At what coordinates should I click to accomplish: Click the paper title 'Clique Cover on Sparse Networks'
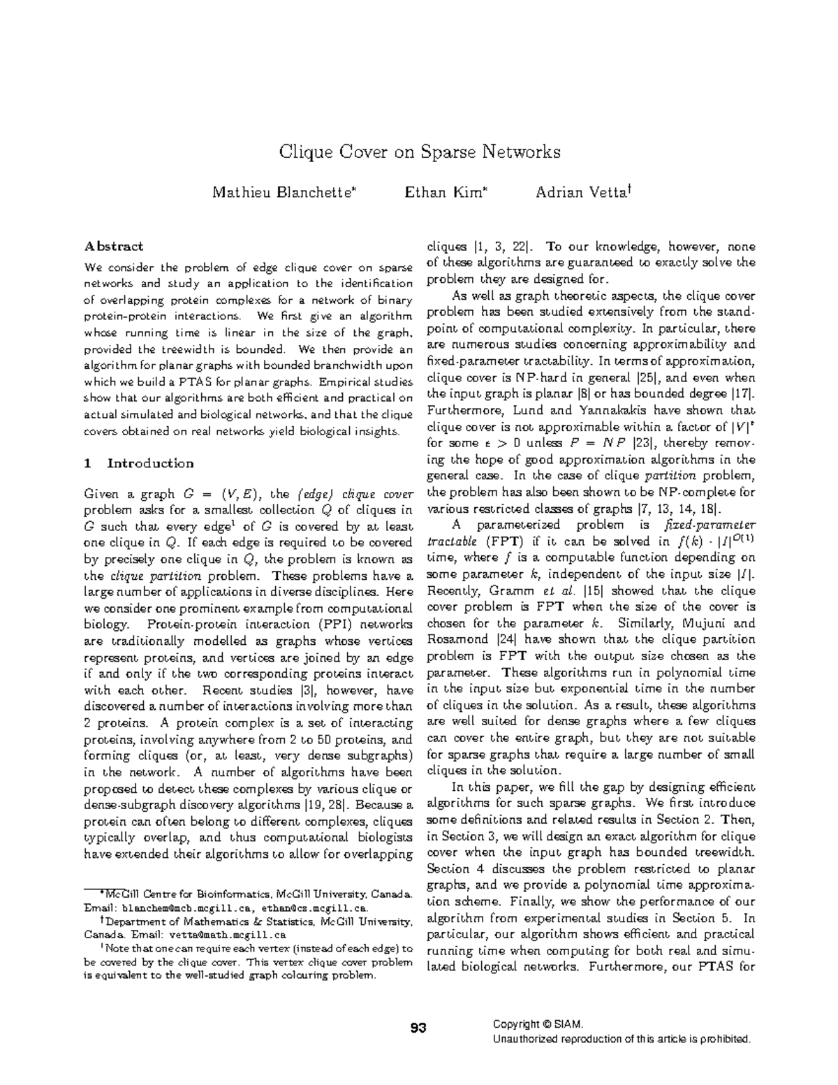(x=419, y=152)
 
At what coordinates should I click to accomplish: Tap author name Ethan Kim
(x=444, y=191)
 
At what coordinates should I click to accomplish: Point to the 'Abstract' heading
(x=114, y=246)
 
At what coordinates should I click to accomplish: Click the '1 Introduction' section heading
(x=138, y=463)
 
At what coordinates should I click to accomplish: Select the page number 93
(x=418, y=1028)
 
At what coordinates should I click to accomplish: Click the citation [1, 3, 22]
(x=502, y=247)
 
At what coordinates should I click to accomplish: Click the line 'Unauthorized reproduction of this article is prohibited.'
(x=622, y=1040)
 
